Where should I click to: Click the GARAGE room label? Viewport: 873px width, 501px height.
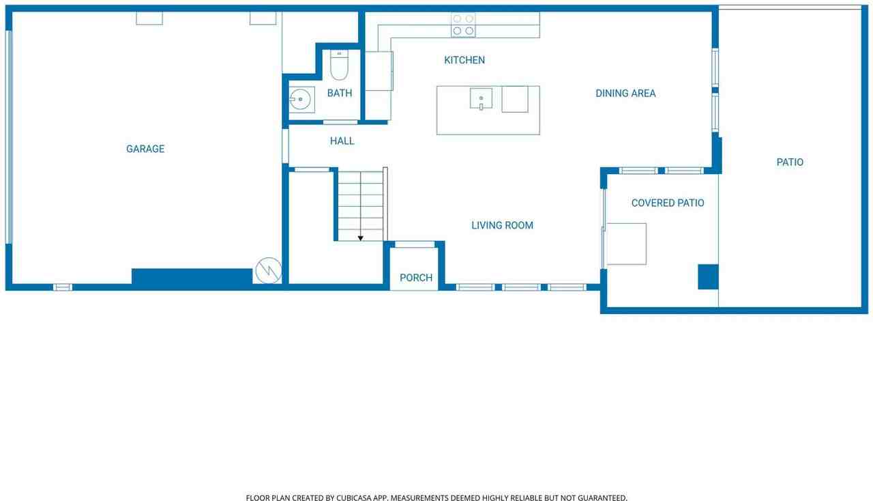[145, 149]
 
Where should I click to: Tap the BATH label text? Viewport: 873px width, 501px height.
[339, 93]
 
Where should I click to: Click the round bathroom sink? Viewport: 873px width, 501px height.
[300, 100]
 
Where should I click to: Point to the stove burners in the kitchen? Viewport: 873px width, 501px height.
[463, 25]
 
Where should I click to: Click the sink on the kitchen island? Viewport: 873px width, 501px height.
[481, 98]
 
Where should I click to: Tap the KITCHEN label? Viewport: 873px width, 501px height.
[464, 60]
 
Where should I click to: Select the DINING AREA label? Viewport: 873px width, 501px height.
[625, 94]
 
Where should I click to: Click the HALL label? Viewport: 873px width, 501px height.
[342, 141]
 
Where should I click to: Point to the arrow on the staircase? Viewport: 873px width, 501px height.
[360, 237]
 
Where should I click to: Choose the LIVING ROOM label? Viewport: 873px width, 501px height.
[502, 225]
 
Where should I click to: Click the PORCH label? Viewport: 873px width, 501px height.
[416, 278]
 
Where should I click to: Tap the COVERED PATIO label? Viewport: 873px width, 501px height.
[668, 203]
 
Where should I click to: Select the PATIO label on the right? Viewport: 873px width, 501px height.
[790, 162]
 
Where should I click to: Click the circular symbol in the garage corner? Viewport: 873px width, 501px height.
[269, 270]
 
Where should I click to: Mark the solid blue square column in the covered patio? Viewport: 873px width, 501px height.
[708, 276]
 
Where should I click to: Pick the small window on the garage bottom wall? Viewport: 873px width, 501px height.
[63, 287]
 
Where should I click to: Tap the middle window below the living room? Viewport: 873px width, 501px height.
[521, 287]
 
